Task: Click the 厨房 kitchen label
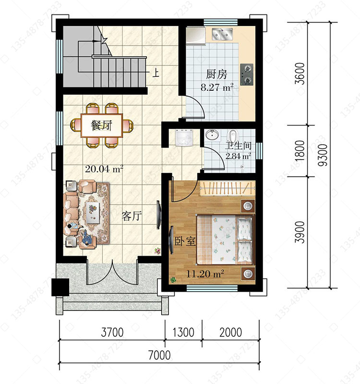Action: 216,74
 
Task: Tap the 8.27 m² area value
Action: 217,87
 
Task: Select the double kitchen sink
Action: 222,34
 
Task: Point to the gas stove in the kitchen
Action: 247,74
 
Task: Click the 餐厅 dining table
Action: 102,125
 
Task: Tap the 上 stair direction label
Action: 156,73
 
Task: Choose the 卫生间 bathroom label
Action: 238,146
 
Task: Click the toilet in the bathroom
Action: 232,136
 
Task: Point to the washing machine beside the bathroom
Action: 183,137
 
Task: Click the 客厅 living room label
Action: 132,216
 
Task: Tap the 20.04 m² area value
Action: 104,169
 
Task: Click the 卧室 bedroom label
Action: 185,241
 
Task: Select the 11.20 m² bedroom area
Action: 205,273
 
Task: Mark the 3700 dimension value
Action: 112,332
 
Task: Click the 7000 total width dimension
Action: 159,355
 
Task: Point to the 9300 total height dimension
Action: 323,155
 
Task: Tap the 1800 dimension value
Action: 300,151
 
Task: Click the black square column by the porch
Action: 60,287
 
